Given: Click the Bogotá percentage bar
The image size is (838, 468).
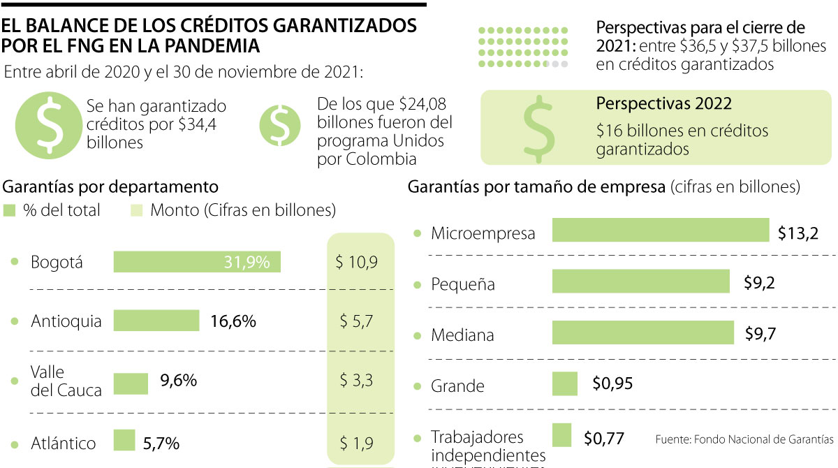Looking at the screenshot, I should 196,262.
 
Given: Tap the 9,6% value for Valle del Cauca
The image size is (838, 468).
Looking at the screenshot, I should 178,381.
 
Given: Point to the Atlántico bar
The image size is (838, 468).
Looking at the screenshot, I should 124,441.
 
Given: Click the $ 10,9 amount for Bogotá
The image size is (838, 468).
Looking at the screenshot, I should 356,263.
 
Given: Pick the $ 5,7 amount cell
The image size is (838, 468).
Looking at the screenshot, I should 356,321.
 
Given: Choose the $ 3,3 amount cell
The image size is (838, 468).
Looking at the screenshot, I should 356,381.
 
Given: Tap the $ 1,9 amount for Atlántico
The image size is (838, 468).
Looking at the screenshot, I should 356,443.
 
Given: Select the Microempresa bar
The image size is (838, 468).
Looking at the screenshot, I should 660,230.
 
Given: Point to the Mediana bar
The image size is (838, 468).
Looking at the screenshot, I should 642,332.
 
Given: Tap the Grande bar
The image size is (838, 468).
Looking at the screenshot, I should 564,383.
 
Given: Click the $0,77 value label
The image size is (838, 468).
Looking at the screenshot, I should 603,439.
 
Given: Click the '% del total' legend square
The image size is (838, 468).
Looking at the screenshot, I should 9,210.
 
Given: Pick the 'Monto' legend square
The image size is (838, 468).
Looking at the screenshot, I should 137,210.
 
